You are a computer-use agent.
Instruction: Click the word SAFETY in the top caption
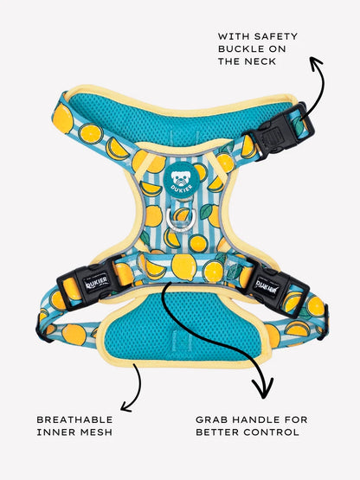(x=276, y=36)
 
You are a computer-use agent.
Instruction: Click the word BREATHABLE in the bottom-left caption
(x=74, y=419)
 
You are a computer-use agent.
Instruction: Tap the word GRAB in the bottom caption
(x=211, y=419)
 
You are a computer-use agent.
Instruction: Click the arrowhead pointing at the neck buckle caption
(x=316, y=62)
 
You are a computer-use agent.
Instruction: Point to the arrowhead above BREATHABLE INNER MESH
(x=126, y=406)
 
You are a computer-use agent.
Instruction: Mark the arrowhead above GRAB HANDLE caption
(x=263, y=389)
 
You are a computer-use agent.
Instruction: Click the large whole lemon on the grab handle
(x=183, y=267)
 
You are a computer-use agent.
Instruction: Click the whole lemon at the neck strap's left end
(x=63, y=118)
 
